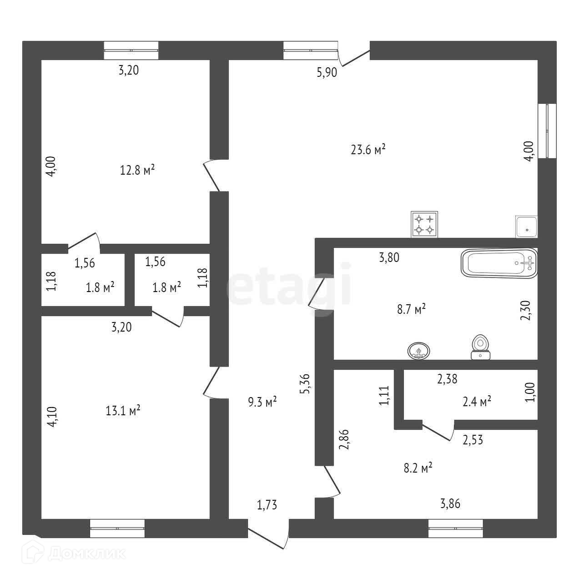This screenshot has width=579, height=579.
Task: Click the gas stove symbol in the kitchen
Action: pos(424,224)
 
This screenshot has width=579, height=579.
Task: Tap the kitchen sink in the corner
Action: pos(526,226)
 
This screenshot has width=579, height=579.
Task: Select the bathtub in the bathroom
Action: pos(499,263)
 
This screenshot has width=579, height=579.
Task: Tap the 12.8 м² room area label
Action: pos(137,170)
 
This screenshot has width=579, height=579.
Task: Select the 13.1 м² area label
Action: pos(123,411)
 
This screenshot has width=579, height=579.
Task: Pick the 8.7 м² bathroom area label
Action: pos(411,309)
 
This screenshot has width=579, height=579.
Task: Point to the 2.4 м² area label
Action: pos(477,401)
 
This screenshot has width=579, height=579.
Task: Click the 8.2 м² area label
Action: pos(418,468)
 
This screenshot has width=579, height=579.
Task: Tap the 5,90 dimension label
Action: pos(327,72)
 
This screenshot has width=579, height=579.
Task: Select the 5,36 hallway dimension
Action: pos(306,385)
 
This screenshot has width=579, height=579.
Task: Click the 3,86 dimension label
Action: pos(453,503)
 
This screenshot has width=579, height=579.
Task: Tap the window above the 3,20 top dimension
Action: pos(131,50)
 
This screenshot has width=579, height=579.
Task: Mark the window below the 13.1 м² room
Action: pos(117,528)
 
